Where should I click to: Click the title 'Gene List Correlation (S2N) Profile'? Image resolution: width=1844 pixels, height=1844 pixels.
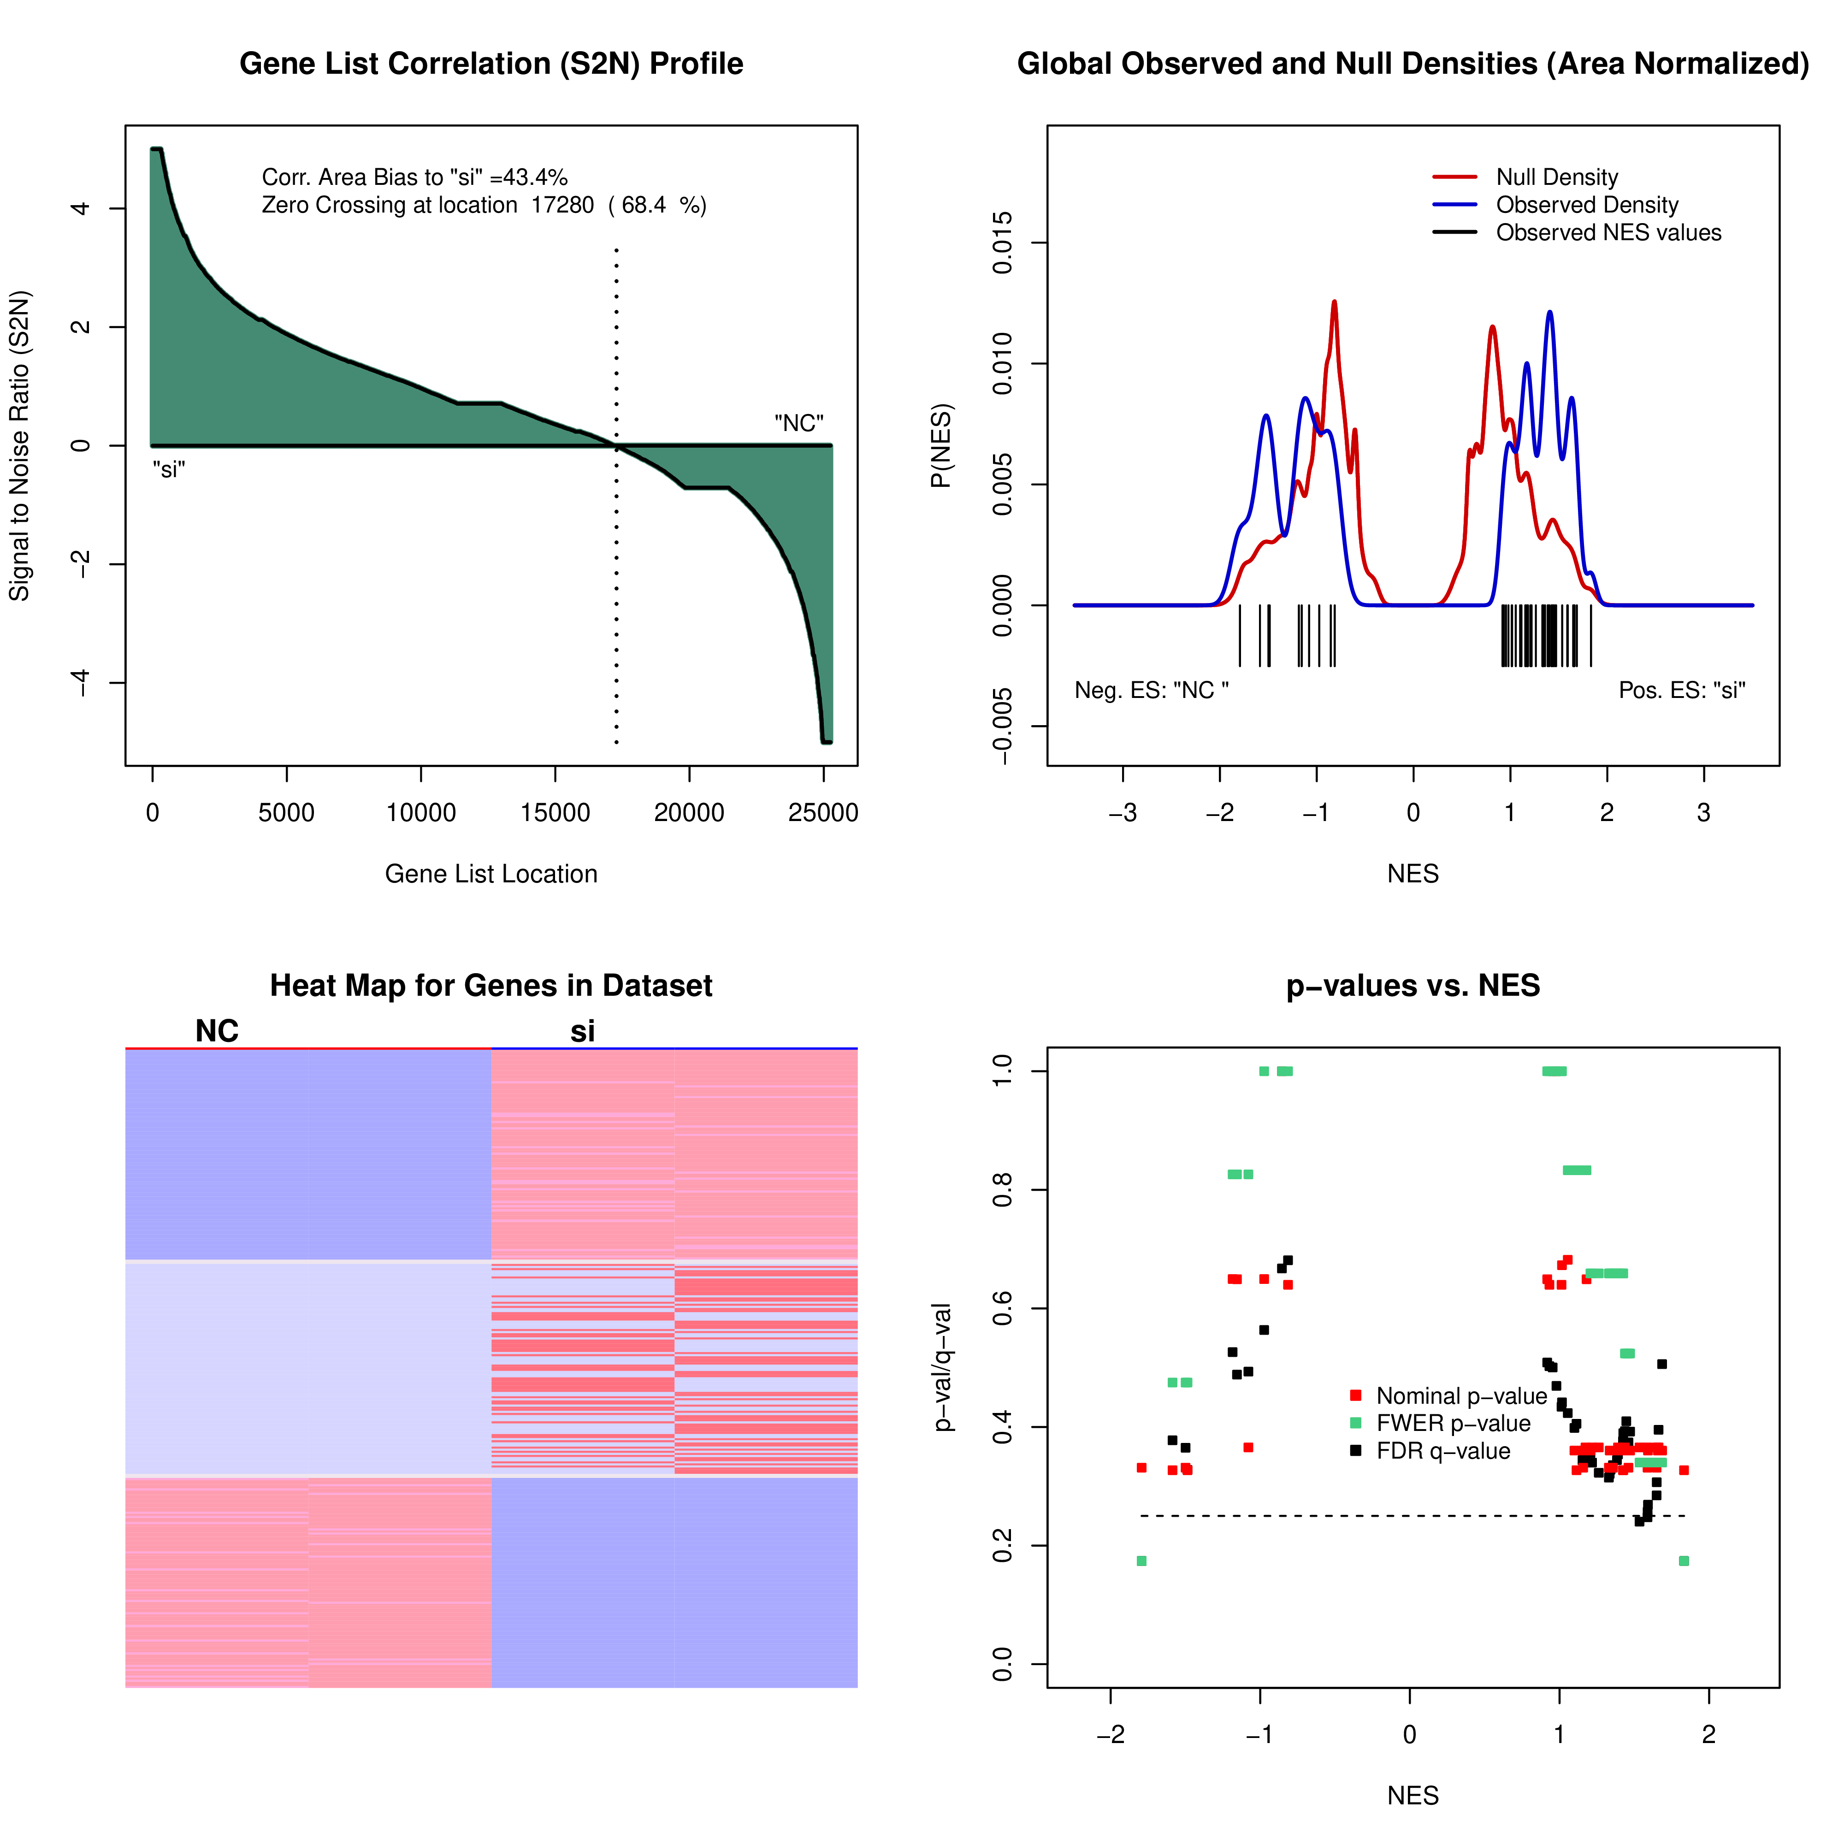pyautogui.click(x=491, y=64)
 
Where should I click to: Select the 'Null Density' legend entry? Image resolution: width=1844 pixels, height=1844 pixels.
pyautogui.click(x=1556, y=177)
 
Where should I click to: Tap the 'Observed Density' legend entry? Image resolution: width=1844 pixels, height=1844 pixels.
pyautogui.click(x=1586, y=205)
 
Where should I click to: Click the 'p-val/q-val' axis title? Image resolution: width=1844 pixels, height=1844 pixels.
pyautogui.click(x=943, y=1367)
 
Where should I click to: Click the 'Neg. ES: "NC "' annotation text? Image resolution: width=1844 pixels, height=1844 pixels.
pyautogui.click(x=1151, y=690)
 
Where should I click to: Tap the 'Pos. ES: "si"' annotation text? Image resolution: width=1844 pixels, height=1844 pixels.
pyautogui.click(x=1682, y=690)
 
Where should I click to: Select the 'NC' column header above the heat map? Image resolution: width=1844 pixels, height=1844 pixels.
pyautogui.click(x=217, y=1031)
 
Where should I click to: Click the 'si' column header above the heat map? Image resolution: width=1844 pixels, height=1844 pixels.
pyautogui.click(x=582, y=1031)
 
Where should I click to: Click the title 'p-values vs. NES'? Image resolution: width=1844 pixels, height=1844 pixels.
pyautogui.click(x=1413, y=985)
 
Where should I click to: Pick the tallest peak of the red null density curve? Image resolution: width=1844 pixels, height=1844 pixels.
pyautogui.click(x=1334, y=302)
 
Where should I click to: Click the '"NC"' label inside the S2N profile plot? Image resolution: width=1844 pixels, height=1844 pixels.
pyautogui.click(x=799, y=423)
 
